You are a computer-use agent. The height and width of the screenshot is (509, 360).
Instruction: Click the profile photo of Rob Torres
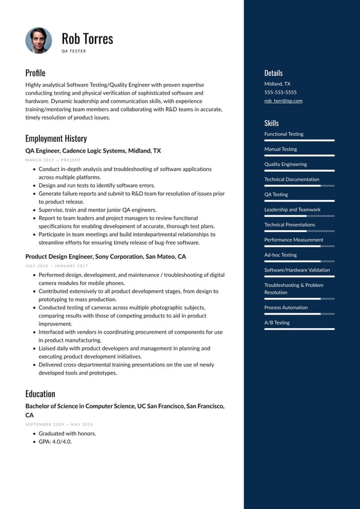[38, 40]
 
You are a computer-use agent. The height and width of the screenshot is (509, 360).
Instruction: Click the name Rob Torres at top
[88, 38]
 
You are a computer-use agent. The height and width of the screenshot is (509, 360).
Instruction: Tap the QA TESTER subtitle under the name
[74, 51]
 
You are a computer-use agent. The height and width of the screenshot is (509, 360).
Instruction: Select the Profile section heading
[35, 73]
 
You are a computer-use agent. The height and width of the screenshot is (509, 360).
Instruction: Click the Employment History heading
[56, 138]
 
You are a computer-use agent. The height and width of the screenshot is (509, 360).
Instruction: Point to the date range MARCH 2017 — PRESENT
[53, 160]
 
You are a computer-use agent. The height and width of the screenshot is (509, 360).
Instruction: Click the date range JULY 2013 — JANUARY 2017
[57, 265]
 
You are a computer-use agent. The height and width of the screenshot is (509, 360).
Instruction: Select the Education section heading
[40, 394]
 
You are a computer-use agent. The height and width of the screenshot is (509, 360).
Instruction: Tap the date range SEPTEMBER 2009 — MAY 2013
[59, 424]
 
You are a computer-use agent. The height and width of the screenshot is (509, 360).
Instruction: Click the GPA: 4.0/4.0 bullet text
[55, 442]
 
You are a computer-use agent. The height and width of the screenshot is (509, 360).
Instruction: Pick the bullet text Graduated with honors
[67, 433]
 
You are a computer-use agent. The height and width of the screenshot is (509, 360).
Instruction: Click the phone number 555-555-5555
[280, 92]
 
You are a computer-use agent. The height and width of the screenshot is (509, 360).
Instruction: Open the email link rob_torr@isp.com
[284, 101]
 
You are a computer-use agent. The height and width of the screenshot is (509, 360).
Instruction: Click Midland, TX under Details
[277, 83]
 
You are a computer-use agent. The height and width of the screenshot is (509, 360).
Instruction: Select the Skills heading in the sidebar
[271, 123]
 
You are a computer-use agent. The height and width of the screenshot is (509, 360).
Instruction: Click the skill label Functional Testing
[284, 134]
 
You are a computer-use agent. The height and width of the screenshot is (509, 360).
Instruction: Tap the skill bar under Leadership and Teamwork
[299, 216]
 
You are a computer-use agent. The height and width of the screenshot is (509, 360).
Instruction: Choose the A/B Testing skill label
[277, 323]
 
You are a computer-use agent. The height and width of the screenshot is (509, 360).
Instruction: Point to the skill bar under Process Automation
[299, 314]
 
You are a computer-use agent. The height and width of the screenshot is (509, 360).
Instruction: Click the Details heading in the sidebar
[274, 73]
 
